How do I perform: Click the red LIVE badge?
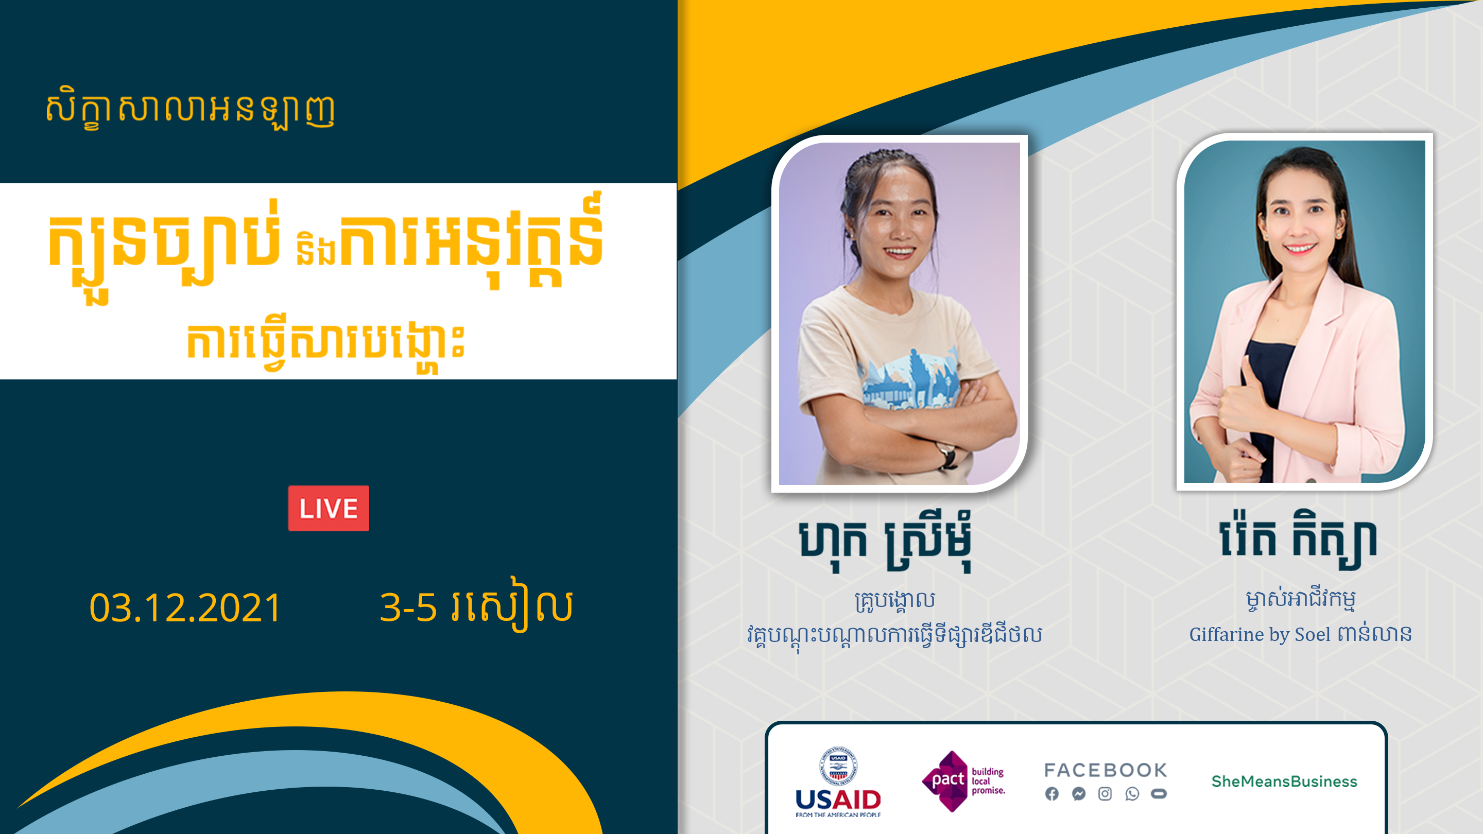(328, 508)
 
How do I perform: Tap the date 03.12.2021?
(185, 608)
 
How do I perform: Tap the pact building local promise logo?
(963, 781)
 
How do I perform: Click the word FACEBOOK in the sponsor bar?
(1106, 770)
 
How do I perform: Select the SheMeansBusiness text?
(1284, 781)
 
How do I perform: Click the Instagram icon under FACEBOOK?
(1105, 794)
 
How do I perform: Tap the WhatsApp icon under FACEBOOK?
(1132, 794)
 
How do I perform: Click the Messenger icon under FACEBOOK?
(1078, 794)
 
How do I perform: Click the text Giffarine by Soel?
(1260, 634)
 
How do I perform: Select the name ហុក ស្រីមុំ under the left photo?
(886, 541)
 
